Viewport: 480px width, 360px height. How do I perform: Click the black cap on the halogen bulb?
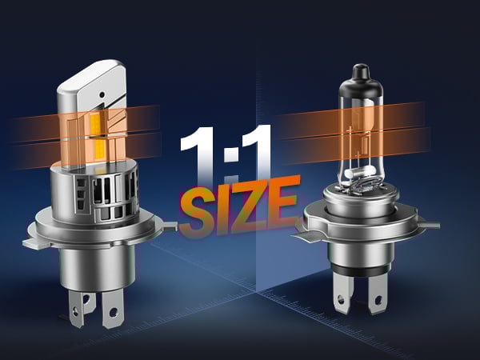pos(362,72)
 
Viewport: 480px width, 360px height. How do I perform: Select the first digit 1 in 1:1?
pos(198,156)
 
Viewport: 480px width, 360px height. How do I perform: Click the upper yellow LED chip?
pos(96,124)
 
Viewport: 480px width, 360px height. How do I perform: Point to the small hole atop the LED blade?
pos(102,94)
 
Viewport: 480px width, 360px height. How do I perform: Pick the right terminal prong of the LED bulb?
pos(112,308)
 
